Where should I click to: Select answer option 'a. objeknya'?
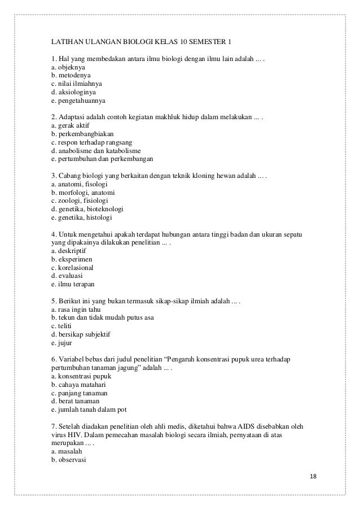pos(68,66)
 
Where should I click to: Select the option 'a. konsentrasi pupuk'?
pos(81,376)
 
